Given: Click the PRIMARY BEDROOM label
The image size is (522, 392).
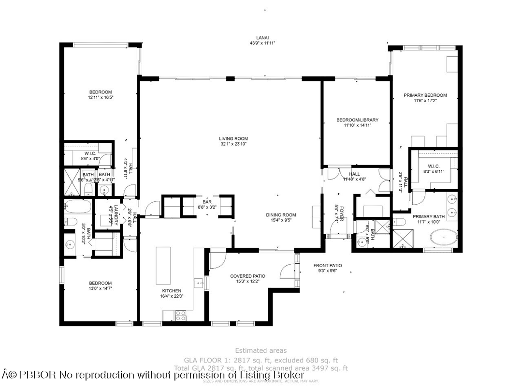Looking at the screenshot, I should (425, 95).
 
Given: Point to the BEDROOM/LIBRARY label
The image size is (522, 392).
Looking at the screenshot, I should (357, 120).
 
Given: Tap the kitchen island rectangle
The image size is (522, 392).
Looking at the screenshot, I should (163, 266).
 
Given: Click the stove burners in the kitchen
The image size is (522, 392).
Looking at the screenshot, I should (180, 316).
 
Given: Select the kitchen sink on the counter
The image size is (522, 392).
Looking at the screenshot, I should (198, 283).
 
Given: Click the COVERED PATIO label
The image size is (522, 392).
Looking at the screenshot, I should (247, 276).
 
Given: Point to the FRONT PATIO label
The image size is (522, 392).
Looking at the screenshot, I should (327, 265).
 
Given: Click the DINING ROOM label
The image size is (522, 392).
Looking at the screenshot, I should (281, 215).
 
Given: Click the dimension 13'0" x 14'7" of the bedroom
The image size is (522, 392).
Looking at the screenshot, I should (100, 289).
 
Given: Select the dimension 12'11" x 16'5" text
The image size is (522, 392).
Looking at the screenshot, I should (100, 98).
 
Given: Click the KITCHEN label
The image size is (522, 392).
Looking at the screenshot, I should (171, 291).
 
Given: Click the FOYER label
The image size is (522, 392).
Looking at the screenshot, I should (341, 213).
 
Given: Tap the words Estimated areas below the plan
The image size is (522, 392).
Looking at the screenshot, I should (261, 350).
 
